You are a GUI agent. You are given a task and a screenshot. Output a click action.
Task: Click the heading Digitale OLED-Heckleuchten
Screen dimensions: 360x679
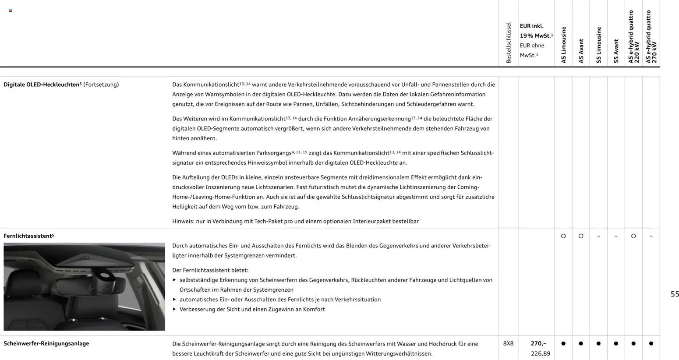coord(42,85)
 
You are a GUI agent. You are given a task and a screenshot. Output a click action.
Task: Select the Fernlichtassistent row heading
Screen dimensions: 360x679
coord(28,236)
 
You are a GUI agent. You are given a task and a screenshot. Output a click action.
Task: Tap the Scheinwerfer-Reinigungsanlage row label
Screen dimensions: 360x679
coord(46,343)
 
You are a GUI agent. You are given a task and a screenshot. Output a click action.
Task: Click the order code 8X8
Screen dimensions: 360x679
coord(508,343)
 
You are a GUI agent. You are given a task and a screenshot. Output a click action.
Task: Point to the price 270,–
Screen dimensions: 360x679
coord(538,343)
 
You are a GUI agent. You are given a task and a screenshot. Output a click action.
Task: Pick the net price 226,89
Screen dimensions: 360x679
coord(540,353)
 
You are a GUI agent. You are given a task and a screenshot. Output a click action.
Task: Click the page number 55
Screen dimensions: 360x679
coord(675,294)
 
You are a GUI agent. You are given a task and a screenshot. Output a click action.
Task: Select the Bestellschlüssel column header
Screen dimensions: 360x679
coord(509,43)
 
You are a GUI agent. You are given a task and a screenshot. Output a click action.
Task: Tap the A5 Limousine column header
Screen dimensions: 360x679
coord(564,45)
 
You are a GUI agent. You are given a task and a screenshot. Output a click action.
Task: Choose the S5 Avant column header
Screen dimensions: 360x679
coord(616,51)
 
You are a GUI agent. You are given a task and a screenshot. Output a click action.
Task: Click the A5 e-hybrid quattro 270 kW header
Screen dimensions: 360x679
coord(651,37)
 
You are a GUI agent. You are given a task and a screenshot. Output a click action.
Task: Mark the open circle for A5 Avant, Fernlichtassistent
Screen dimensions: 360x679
coord(581,236)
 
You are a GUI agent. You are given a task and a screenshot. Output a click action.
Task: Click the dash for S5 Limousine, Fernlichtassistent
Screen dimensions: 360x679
coord(598,236)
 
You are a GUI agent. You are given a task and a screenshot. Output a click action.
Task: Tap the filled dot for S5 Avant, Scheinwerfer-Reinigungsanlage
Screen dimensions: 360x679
coord(616,343)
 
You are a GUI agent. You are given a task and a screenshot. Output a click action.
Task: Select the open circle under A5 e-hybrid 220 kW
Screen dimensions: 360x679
coord(633,236)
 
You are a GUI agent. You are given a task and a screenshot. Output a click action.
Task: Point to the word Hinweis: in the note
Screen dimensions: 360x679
coord(183,221)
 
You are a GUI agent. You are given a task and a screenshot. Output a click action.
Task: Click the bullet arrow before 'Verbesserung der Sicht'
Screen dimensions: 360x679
coord(174,309)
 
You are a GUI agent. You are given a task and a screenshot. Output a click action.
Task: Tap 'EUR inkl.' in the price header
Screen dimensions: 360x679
coord(531,26)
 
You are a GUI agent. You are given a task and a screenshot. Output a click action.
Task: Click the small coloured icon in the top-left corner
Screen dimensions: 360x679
coord(11,11)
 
